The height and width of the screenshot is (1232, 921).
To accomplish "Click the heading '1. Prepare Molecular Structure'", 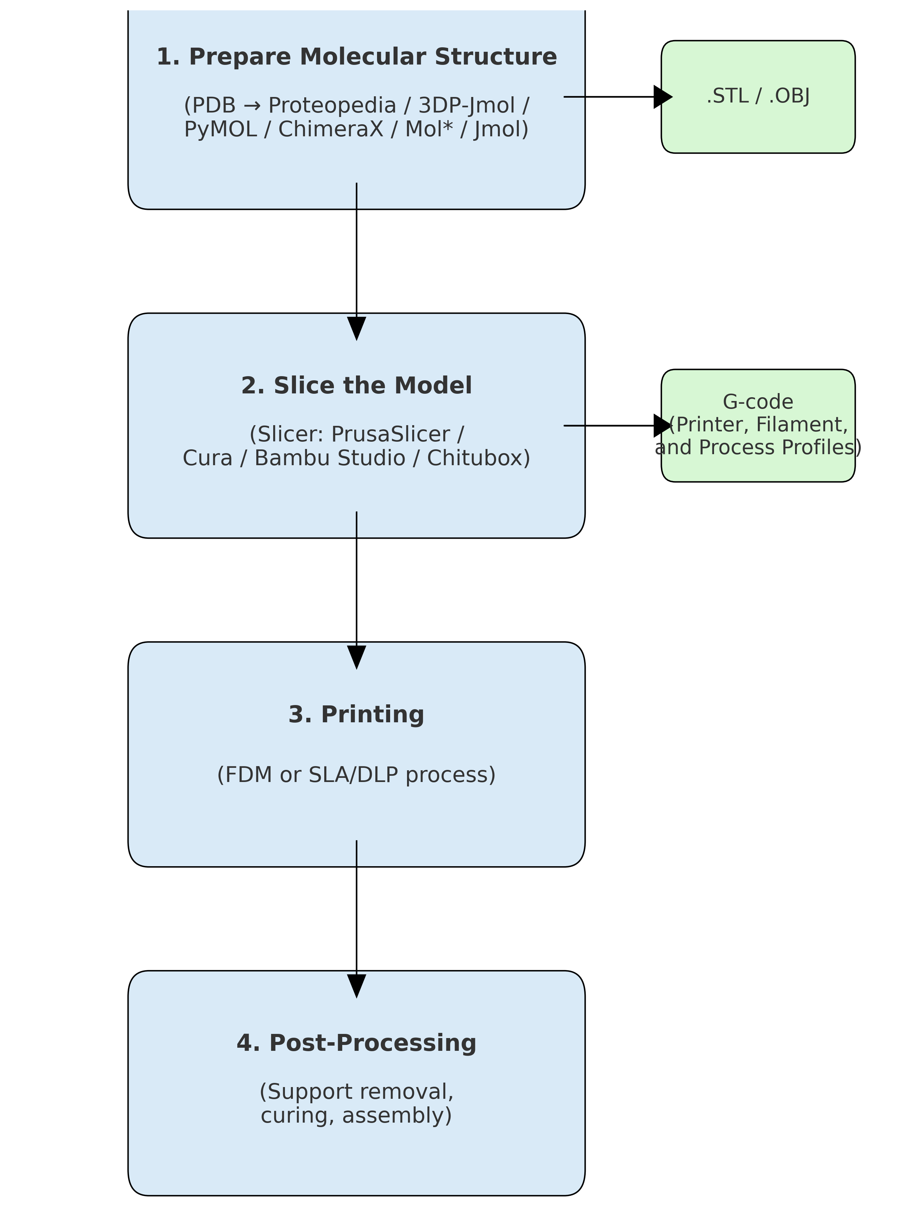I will coord(356,57).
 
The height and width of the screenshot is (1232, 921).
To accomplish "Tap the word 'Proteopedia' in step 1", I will coord(332,105).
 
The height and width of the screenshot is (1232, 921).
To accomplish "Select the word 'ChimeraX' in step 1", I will coord(331,129).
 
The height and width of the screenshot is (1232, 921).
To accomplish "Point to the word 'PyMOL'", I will coord(220,129).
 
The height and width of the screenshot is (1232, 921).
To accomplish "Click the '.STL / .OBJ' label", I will coord(758,96).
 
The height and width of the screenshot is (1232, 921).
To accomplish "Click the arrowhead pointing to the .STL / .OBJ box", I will coord(663,97).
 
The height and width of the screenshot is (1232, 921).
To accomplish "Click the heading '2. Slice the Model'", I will coord(356,385).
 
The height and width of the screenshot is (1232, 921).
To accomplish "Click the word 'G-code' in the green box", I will coord(758,402).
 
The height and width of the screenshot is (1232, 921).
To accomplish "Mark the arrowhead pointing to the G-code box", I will coord(663,426).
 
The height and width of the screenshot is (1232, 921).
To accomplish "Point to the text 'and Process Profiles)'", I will coord(758,447).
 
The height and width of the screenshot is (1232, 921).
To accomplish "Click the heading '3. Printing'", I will coord(356,714).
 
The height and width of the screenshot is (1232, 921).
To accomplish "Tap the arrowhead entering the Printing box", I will coord(356,657).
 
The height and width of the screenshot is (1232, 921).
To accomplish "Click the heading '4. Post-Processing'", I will coord(356,1043).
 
